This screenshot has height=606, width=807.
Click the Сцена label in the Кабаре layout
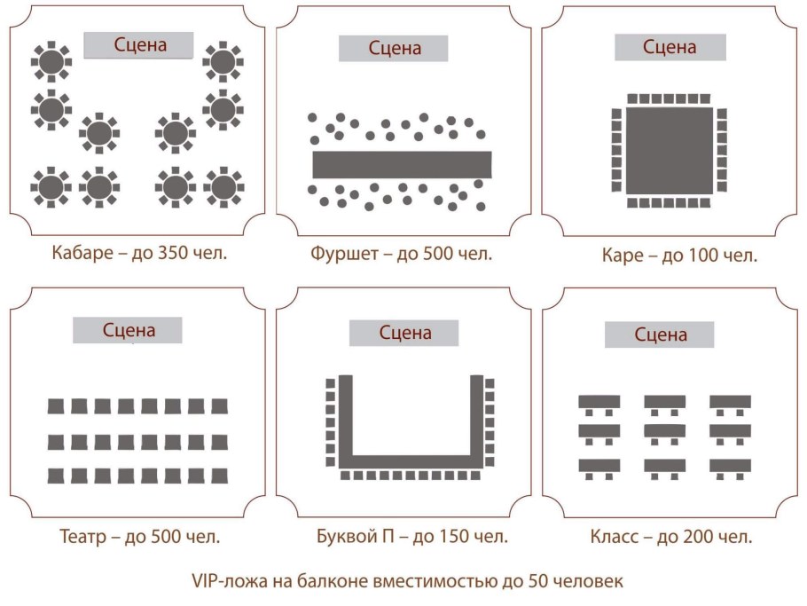[x=138, y=45]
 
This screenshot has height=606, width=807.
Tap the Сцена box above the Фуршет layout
[x=393, y=49]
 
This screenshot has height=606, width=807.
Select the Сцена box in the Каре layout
[x=670, y=47]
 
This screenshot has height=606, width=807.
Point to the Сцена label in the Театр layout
[x=127, y=330]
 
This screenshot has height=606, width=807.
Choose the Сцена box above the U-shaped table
[x=404, y=333]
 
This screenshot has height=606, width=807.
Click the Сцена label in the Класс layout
[x=659, y=334]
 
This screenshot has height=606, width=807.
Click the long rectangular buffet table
[x=402, y=165]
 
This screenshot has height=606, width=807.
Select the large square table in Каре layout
[x=670, y=150]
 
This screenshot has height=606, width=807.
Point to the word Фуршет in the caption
[x=344, y=254]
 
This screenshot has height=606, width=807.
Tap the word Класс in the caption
[x=614, y=538]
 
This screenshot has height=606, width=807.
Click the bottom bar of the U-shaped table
[x=411, y=462]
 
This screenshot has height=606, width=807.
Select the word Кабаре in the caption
[x=82, y=254]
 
